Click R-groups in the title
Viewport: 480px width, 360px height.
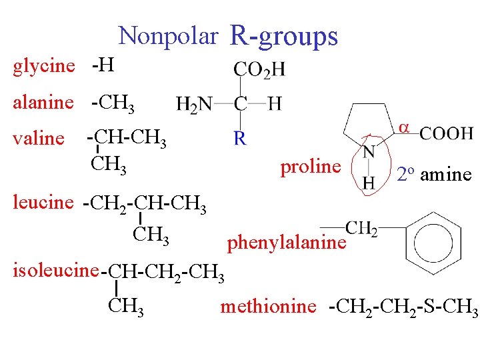(x=283, y=36)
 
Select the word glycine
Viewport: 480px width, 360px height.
(x=44, y=65)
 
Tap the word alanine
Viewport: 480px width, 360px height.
(x=43, y=102)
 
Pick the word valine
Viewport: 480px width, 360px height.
(x=39, y=138)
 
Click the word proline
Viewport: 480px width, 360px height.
(x=310, y=166)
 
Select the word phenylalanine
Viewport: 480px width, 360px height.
(x=287, y=243)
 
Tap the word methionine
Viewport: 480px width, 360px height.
(x=268, y=306)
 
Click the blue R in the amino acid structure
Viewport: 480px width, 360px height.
(x=240, y=139)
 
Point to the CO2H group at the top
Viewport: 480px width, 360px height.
(x=259, y=69)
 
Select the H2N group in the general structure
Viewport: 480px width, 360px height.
(x=195, y=103)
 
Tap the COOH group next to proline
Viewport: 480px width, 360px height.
(x=446, y=133)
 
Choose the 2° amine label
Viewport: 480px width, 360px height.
(x=434, y=175)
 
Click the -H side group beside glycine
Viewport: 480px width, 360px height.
(x=103, y=65)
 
